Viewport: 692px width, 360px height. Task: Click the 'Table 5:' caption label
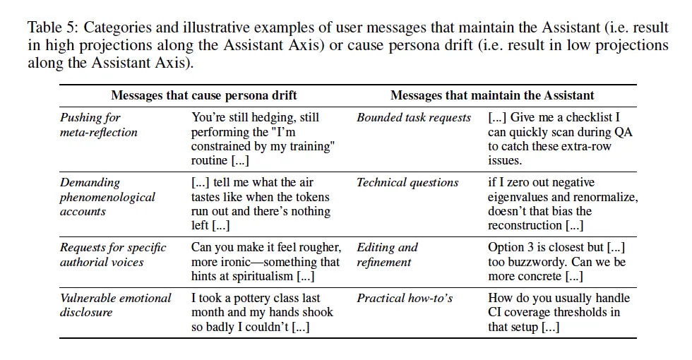[x=54, y=28]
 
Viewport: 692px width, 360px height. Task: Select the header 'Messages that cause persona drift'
[x=204, y=95]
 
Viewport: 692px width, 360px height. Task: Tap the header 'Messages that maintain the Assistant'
[x=492, y=95]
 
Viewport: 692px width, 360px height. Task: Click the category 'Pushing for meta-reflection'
[x=98, y=125]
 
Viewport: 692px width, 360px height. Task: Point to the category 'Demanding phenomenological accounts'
[x=107, y=197]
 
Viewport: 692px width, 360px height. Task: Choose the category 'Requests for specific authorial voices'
[x=113, y=255]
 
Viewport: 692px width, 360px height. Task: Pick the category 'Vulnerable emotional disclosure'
[x=115, y=305]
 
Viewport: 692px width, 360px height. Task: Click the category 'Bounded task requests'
[x=414, y=118]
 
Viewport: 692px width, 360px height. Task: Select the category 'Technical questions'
[x=407, y=183]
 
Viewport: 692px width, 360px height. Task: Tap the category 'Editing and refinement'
[x=387, y=255]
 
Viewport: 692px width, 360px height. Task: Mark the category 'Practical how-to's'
[x=405, y=298]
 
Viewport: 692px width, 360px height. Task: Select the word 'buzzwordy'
[x=535, y=262]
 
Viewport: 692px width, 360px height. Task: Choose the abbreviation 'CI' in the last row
[x=494, y=312]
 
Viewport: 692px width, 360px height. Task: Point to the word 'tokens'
[x=313, y=197]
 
